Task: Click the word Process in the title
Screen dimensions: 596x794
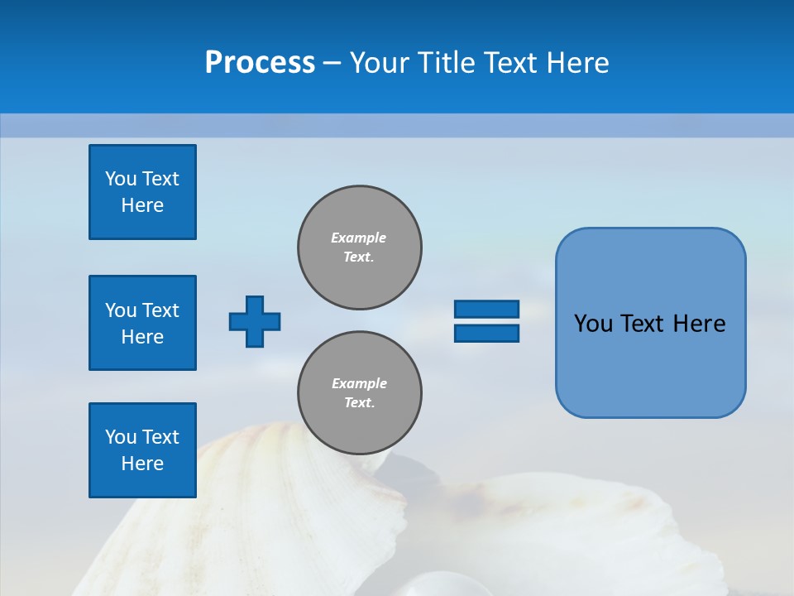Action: pos(260,63)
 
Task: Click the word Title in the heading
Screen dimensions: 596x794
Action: pos(447,63)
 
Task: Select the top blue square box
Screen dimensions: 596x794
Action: pos(142,192)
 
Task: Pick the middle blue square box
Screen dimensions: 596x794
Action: pos(142,323)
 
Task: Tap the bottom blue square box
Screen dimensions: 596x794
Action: pos(142,450)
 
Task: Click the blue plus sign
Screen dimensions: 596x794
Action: pos(255,321)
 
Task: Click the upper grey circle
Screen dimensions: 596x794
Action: pos(360,248)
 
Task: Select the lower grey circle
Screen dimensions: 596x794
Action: pos(360,393)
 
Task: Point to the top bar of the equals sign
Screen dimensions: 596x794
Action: pos(486,310)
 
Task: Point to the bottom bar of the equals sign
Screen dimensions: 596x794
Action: pos(486,333)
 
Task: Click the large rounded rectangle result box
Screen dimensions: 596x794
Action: pos(650,323)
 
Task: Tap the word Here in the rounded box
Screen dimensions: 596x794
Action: pos(699,324)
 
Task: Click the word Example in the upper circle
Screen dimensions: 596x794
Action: pos(359,238)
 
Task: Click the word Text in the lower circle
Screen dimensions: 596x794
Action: pos(359,403)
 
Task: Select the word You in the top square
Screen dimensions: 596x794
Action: pos(121,179)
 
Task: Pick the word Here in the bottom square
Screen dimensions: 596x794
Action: pos(142,464)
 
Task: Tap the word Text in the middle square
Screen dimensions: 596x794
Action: pos(161,310)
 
